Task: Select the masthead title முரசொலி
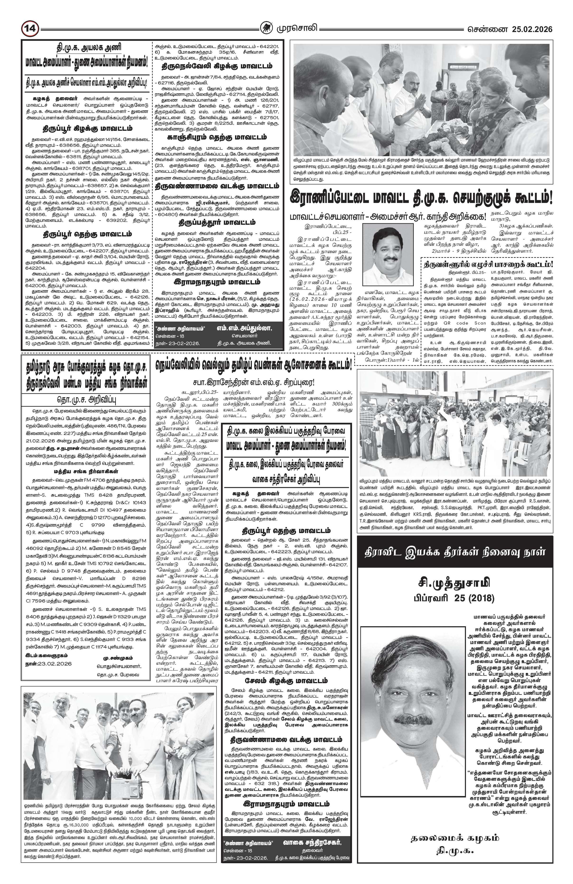(x=296, y=28)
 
